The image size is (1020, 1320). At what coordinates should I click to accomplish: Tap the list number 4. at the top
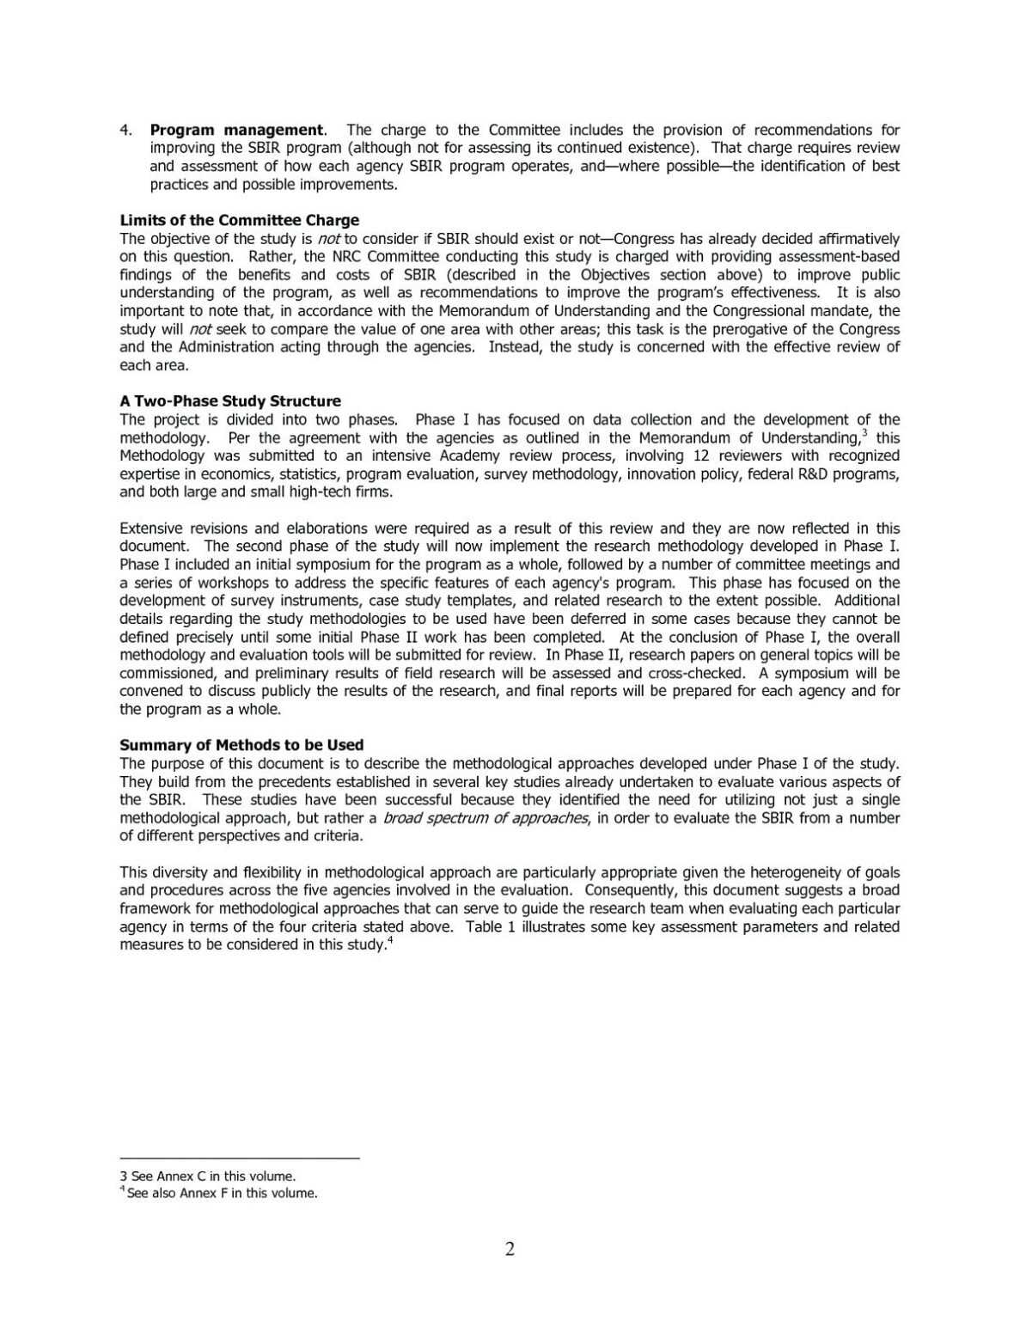[125, 130]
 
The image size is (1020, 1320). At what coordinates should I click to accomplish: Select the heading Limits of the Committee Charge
[239, 220]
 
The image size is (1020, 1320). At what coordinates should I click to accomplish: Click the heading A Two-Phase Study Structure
[230, 401]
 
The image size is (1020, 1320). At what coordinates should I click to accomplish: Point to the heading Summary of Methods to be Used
[241, 745]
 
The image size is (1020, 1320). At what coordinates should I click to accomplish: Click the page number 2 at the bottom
[510, 1250]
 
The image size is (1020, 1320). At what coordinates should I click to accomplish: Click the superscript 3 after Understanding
[864, 432]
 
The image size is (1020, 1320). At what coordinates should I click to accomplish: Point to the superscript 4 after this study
[390, 939]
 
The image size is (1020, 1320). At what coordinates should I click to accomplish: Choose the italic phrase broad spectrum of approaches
[486, 818]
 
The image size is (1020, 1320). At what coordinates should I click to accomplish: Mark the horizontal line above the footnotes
[239, 1158]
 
